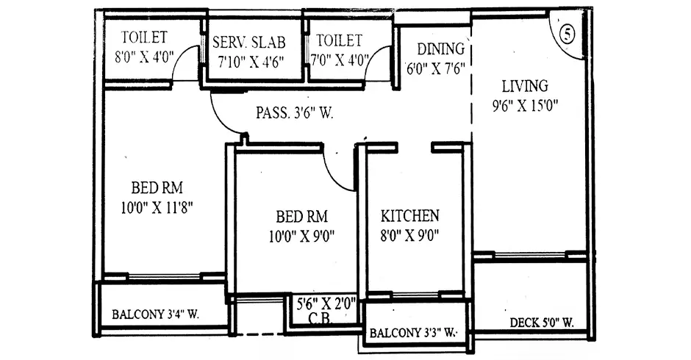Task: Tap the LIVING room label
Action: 525,86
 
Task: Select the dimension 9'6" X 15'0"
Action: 526,106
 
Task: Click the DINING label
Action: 440,48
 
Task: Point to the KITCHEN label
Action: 410,215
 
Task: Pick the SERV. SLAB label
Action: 249,43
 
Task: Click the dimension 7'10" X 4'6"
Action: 251,62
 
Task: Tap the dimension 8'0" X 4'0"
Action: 145,57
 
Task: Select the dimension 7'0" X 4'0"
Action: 340,60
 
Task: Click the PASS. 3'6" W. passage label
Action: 294,113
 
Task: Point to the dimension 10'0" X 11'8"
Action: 157,207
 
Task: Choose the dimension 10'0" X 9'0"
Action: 302,237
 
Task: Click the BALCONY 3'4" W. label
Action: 155,314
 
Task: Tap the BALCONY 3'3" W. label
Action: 412,333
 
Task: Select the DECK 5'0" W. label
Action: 542,323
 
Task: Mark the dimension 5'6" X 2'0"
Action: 326,304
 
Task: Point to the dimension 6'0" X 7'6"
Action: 435,69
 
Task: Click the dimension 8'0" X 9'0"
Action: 410,236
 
